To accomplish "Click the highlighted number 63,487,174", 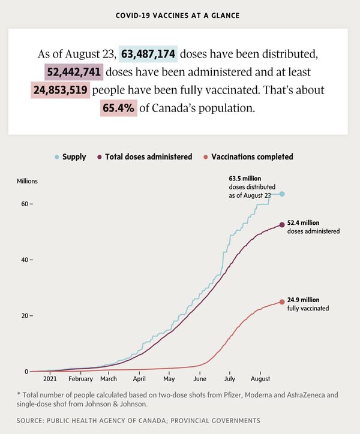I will (148, 55).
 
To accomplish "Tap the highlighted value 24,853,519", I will (60, 91).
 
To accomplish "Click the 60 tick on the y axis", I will (26, 204).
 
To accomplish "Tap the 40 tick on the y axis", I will (26, 260).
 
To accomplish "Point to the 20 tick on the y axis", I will (26, 315).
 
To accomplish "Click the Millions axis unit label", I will (27, 180).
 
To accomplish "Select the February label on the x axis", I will (80, 379).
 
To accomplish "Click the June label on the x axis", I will (200, 379).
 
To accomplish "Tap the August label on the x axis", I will (260, 379).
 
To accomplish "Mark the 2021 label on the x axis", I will (50, 379).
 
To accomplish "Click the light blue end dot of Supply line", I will (282, 194).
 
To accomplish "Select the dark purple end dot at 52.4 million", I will (282, 225).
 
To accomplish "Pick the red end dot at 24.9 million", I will (282, 302).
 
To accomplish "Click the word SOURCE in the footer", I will (32, 420).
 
